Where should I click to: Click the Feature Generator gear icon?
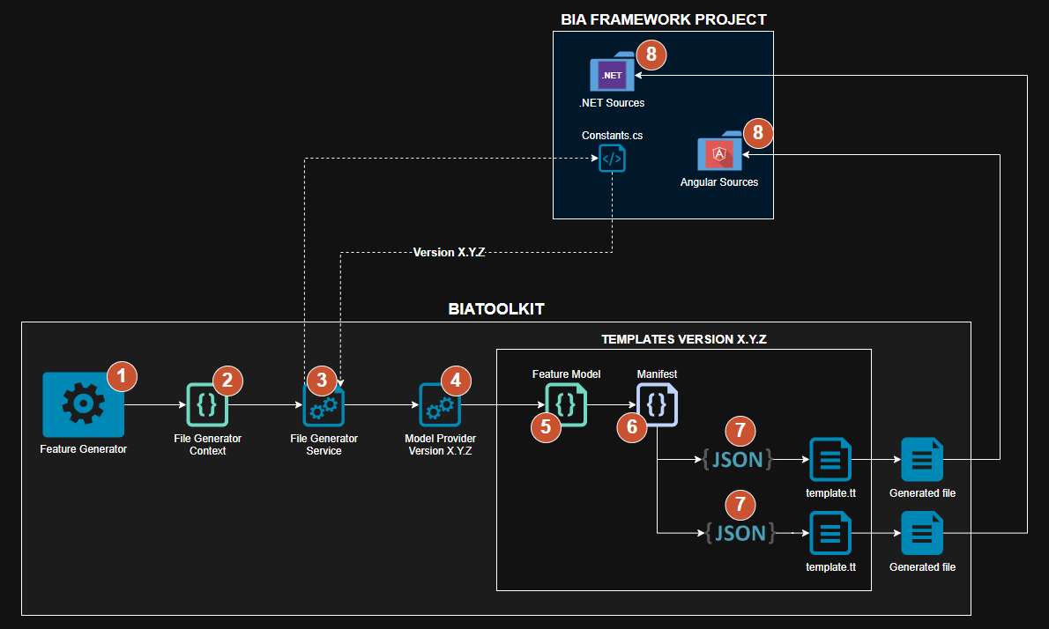click(83, 404)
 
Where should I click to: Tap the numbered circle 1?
click(123, 377)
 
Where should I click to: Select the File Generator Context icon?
click(207, 405)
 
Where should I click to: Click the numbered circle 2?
click(227, 380)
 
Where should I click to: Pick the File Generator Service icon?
click(324, 405)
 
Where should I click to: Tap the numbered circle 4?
click(456, 380)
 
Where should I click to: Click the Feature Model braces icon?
click(566, 404)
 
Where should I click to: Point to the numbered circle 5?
click(546, 427)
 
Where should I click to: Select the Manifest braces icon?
click(657, 405)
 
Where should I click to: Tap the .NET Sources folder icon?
click(612, 75)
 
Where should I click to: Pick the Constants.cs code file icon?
click(612, 159)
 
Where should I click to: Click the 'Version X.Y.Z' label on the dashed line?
click(450, 253)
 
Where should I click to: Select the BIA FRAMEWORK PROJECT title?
click(663, 19)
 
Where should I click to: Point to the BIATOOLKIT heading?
click(495, 309)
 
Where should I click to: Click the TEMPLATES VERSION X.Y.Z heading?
click(684, 339)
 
